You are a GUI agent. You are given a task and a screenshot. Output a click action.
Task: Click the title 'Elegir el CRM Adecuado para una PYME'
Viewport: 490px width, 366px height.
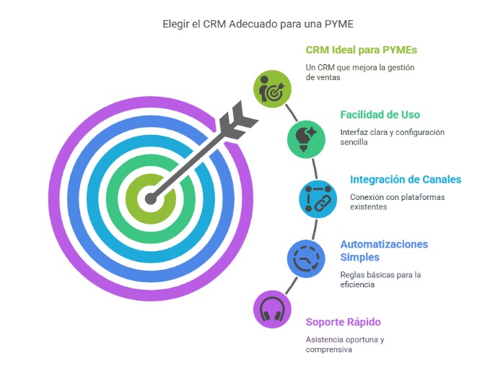(x=258, y=24)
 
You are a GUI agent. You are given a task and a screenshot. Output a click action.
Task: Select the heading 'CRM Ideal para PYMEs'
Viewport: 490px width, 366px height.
(x=362, y=50)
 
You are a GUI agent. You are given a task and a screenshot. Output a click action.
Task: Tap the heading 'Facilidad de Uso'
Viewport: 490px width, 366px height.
(x=380, y=115)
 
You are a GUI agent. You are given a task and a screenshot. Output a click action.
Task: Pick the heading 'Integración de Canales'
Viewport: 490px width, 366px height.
(x=406, y=180)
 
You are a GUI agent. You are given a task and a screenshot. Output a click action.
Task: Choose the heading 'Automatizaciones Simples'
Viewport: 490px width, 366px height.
(x=384, y=250)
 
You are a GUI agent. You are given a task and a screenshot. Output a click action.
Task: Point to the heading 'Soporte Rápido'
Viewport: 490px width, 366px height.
(x=343, y=322)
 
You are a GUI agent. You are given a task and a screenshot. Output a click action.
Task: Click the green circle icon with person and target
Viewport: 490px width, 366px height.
(x=272, y=89)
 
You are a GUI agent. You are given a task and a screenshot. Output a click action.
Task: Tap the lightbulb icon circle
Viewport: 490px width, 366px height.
(x=306, y=139)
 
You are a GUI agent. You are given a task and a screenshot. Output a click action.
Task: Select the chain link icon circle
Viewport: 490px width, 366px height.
(x=318, y=199)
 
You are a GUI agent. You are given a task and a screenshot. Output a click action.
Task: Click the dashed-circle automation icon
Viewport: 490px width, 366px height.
(x=306, y=258)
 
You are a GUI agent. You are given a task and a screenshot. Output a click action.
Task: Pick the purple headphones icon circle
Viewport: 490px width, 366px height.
(x=272, y=310)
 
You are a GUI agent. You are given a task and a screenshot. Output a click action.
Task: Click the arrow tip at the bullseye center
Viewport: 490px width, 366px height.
(x=151, y=199)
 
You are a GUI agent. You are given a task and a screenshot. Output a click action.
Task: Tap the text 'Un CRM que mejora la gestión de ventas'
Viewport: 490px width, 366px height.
(x=360, y=72)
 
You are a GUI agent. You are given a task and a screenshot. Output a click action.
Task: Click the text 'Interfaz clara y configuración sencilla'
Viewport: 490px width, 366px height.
(x=392, y=137)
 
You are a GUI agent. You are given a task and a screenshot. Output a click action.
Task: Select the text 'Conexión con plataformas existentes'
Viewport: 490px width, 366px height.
(x=397, y=201)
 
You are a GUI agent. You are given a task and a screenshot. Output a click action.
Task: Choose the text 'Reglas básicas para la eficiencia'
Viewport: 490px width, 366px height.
(x=380, y=279)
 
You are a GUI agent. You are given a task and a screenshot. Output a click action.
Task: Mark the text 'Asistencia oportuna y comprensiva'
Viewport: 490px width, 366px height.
(x=345, y=344)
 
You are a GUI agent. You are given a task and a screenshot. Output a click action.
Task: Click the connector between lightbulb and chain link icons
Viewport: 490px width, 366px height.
(x=315, y=169)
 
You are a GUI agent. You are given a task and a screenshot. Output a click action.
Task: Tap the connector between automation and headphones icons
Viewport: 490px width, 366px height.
(x=292, y=285)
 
